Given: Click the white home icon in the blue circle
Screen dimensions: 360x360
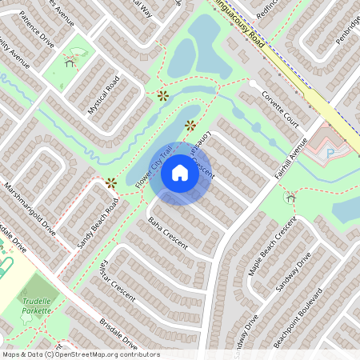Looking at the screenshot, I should tap(180, 172).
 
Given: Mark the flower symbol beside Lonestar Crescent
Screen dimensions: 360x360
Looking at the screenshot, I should tap(190, 125).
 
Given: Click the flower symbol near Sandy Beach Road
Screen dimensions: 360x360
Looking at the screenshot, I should tap(110, 183).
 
